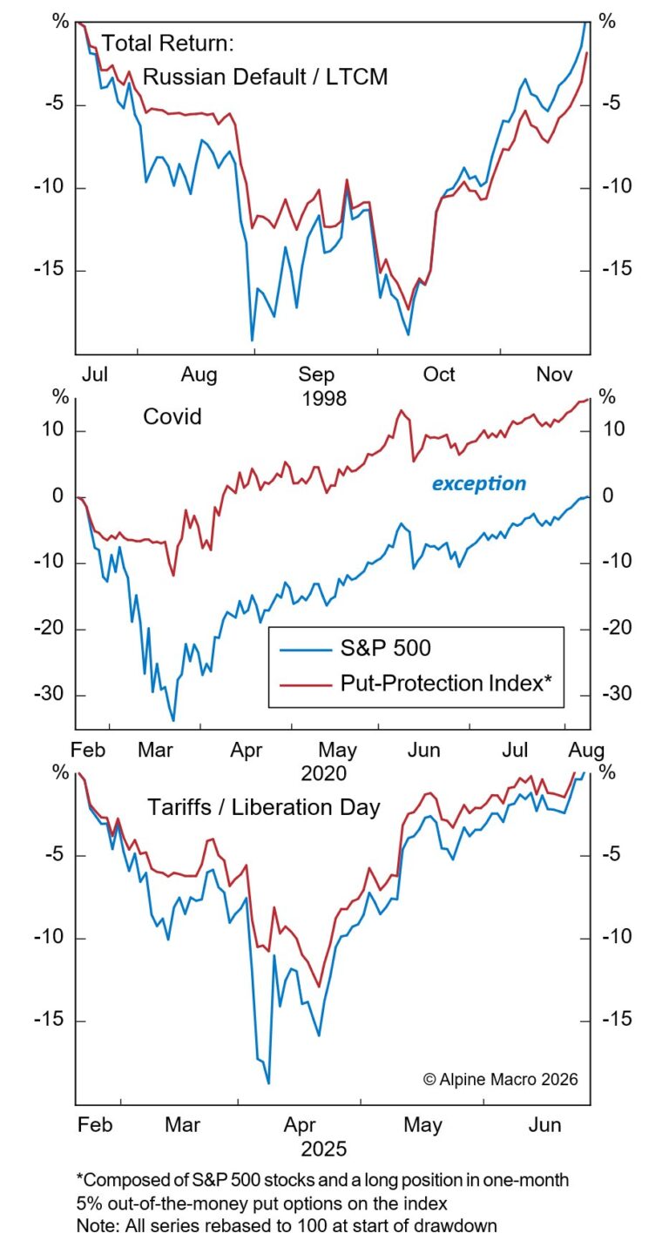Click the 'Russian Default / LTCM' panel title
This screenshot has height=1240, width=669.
265,77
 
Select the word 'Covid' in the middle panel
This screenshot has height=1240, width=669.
172,417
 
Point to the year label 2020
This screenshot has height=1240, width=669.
325,773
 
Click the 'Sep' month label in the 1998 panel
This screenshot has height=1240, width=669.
317,374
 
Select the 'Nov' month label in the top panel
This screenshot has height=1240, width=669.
554,374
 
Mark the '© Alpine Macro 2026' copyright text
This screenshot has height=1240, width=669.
500,1079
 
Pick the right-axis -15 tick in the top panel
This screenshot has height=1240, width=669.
612,270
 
